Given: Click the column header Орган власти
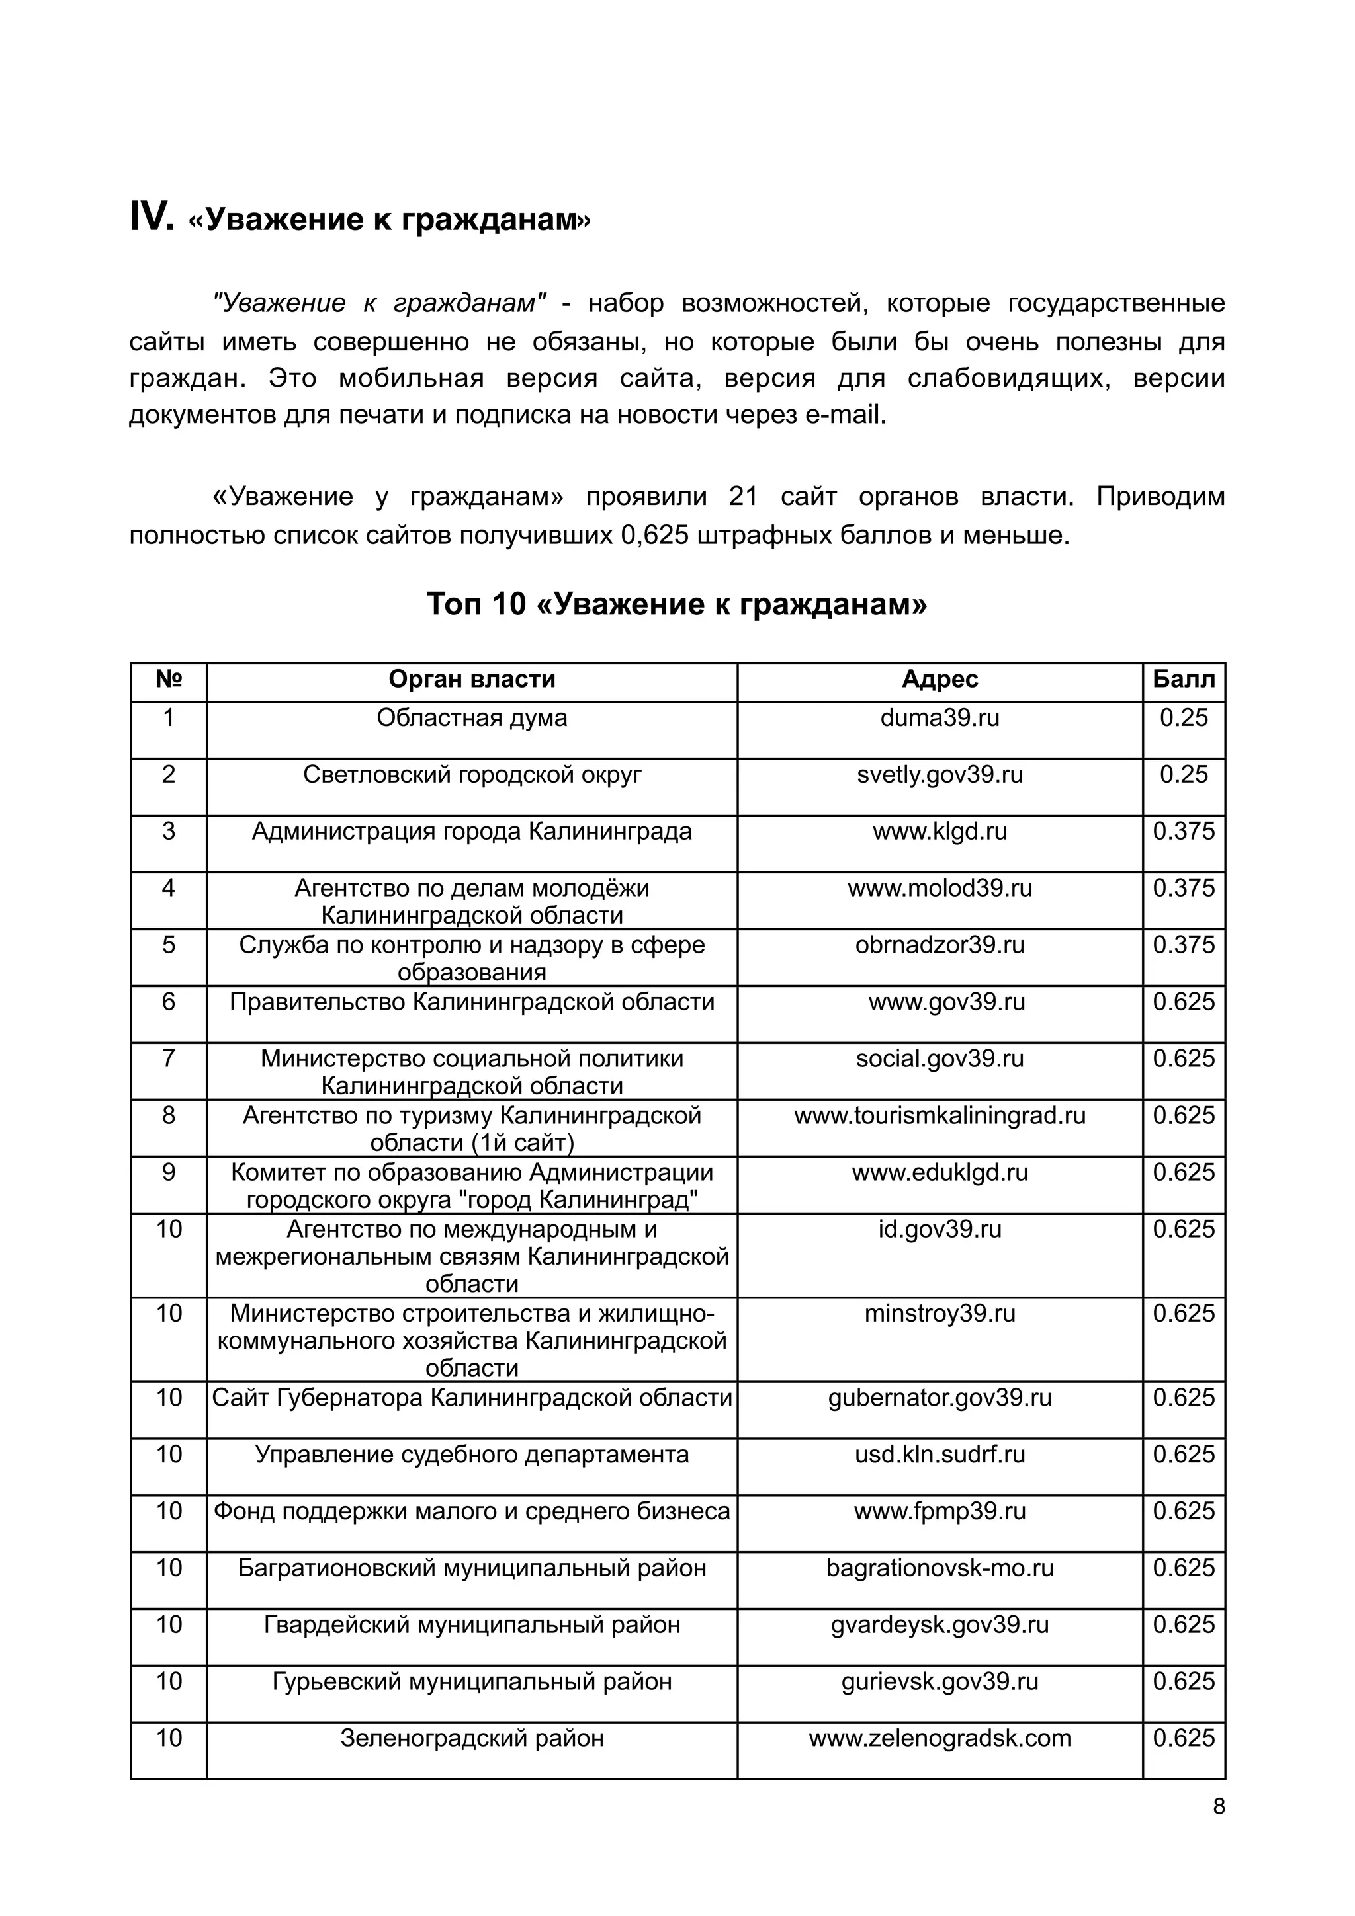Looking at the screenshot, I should (472, 679).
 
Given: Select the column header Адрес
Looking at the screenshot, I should (940, 679).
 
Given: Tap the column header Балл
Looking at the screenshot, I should (1183, 679).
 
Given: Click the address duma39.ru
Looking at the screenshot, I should (940, 717).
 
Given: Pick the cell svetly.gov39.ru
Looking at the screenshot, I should (940, 774).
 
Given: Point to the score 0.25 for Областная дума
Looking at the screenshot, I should (1183, 717).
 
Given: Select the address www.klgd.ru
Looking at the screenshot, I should (940, 831).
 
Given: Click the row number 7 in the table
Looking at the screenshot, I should (169, 1058).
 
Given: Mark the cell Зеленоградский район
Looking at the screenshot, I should (472, 1737).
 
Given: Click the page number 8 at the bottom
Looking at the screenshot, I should (1218, 1806).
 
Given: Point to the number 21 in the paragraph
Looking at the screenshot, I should (742, 497).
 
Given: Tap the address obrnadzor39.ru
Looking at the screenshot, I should (940, 945).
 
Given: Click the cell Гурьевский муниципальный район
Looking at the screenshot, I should (472, 1681).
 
